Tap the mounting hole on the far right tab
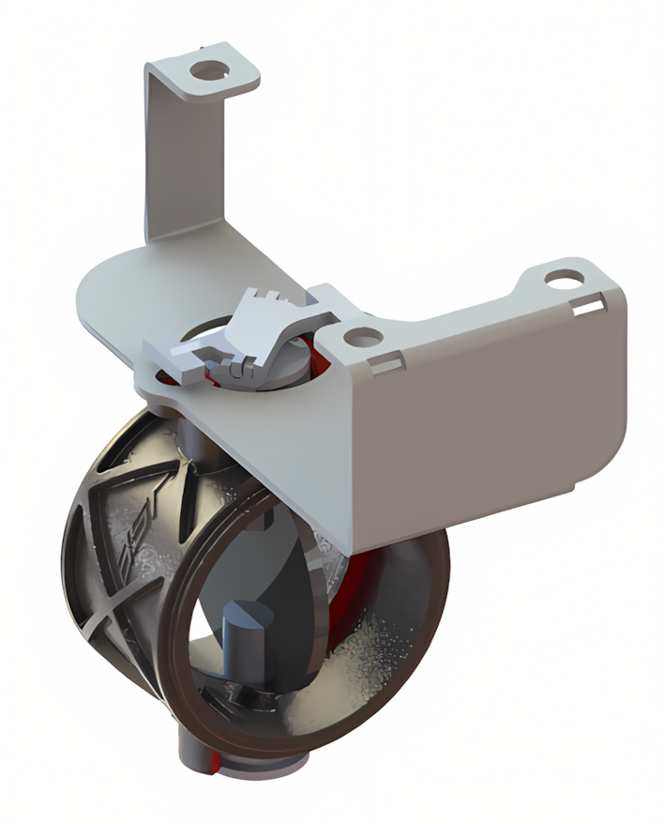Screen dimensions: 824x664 [x=565, y=279]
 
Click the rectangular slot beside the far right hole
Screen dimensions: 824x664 [x=590, y=304]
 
